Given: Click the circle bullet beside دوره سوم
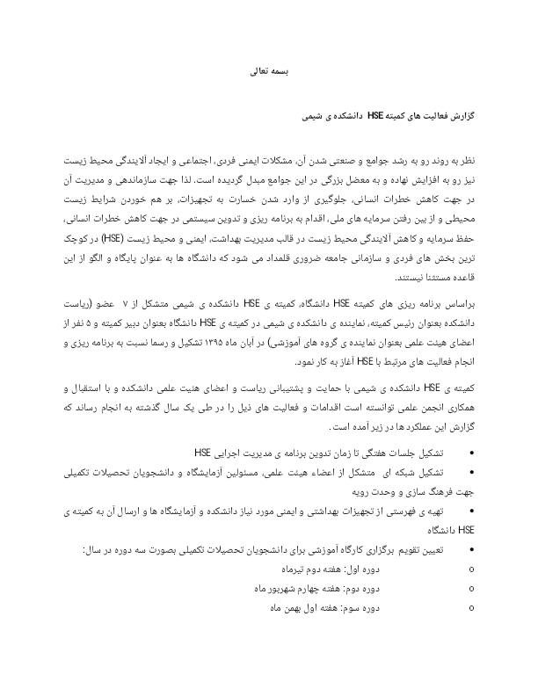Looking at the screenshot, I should pos(473,606).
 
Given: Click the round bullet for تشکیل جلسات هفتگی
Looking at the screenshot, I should pos(473,453).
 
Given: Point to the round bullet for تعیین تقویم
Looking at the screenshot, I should pos(473,551).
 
